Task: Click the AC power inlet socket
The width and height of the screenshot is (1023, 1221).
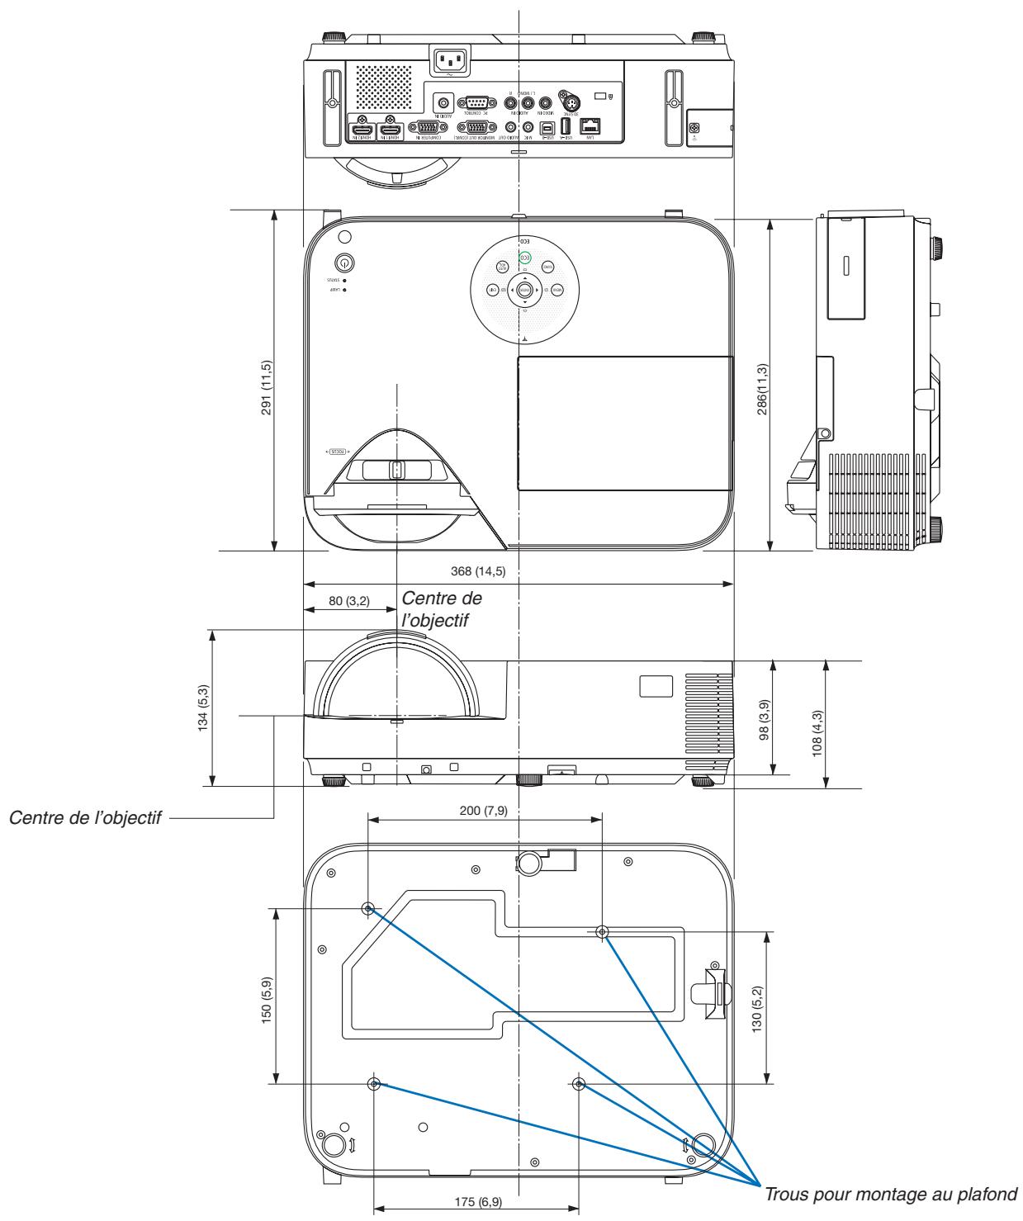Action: click(451, 60)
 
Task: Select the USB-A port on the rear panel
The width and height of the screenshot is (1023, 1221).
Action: click(566, 127)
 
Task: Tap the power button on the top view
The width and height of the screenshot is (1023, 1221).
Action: click(343, 262)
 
